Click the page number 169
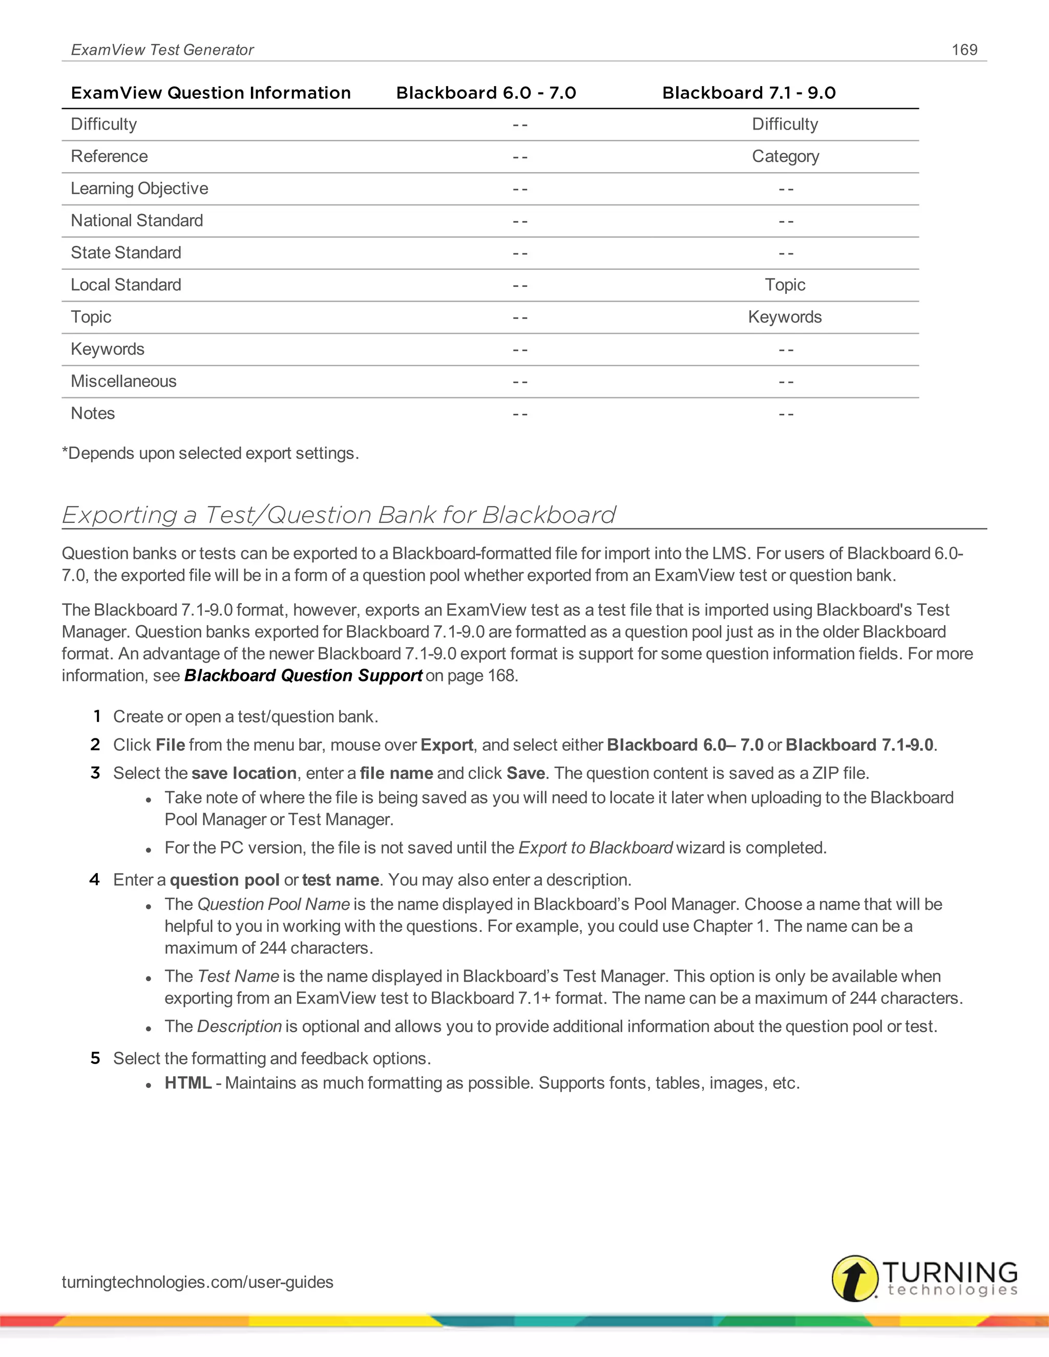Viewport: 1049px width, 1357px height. click(x=964, y=50)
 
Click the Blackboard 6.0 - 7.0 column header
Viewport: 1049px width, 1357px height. click(x=486, y=93)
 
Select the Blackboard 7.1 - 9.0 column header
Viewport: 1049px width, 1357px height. click(x=748, y=93)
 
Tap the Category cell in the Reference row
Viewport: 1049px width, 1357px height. click(x=785, y=157)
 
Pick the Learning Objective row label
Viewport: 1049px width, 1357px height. click(x=139, y=188)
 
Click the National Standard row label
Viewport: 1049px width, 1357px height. click(x=137, y=221)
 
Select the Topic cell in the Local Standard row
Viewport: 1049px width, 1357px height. click(x=785, y=285)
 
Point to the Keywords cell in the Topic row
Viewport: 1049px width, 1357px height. click(x=784, y=317)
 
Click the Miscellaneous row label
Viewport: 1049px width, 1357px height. click(x=123, y=381)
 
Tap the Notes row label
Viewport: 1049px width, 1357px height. click(x=93, y=413)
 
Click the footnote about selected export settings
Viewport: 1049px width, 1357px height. click(x=210, y=453)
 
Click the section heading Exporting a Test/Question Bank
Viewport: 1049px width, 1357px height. click(x=339, y=515)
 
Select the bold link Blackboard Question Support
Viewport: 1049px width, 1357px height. click(x=303, y=675)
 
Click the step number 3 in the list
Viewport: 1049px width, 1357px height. click(x=95, y=773)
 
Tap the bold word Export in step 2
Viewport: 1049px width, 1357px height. click(x=446, y=745)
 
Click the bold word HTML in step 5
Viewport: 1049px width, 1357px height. click(x=187, y=1083)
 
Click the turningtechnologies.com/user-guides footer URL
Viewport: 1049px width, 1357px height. click(x=198, y=1282)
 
